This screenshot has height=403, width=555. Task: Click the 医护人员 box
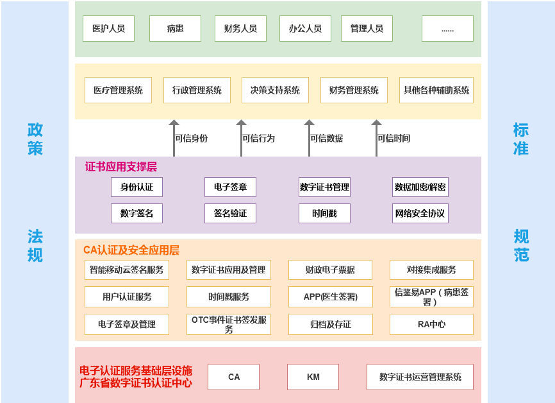pyautogui.click(x=109, y=28)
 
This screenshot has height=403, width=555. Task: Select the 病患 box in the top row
pyautogui.click(x=175, y=28)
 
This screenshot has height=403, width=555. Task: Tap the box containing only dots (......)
pyautogui.click(x=447, y=28)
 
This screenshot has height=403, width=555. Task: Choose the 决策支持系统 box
pyautogui.click(x=275, y=90)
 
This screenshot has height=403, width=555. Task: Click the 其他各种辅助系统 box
pyautogui.click(x=436, y=90)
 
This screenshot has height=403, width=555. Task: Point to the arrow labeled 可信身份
pyautogui.click(x=174, y=138)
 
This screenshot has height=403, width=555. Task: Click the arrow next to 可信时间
pyautogui.click(x=376, y=138)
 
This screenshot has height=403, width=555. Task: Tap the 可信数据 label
pyautogui.click(x=327, y=138)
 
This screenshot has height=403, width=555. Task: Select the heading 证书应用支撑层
pyautogui.click(x=121, y=167)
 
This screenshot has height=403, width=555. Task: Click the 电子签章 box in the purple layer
pyautogui.click(x=230, y=187)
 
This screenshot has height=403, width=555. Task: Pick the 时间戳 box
pyautogui.click(x=324, y=213)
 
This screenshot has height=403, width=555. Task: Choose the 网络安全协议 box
pyautogui.click(x=420, y=213)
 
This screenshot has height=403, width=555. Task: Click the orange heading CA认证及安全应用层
pyautogui.click(x=131, y=250)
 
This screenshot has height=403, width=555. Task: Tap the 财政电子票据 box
pyautogui.click(x=330, y=270)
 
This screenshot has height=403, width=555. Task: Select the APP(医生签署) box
pyautogui.click(x=331, y=296)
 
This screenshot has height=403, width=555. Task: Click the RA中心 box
pyautogui.click(x=431, y=324)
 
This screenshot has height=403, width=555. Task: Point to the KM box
pyautogui.click(x=313, y=377)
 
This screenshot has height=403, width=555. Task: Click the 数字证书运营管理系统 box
pyautogui.click(x=420, y=377)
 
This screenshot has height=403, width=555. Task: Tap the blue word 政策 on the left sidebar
pyautogui.click(x=35, y=139)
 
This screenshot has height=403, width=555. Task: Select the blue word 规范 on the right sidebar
pyautogui.click(x=522, y=246)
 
